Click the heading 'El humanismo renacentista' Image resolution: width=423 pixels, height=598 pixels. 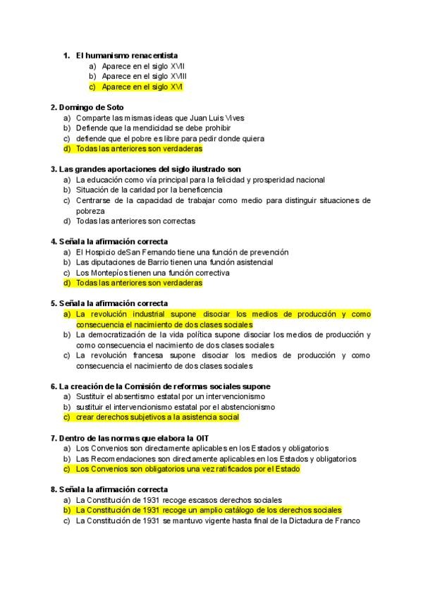click(126, 55)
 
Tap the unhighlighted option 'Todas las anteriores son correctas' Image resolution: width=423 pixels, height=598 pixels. click(135, 221)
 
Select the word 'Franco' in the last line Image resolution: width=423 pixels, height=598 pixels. click(348, 520)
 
